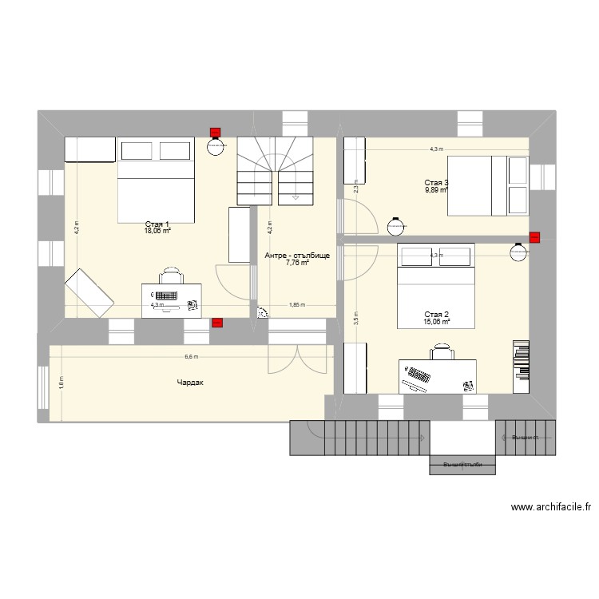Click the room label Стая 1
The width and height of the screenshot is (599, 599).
[157, 224]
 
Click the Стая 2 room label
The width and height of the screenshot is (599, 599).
[436, 314]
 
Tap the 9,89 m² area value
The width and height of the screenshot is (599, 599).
[436, 190]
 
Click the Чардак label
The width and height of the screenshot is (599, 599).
[191, 383]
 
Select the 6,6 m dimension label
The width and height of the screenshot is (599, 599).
[191, 358]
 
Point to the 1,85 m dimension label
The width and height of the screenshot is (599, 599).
[296, 304]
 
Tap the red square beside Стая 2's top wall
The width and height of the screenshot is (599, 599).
[534, 236]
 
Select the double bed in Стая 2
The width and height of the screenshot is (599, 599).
[436, 286]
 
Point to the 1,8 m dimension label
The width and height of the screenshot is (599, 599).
[61, 383]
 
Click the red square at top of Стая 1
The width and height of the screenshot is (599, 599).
[214, 133]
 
